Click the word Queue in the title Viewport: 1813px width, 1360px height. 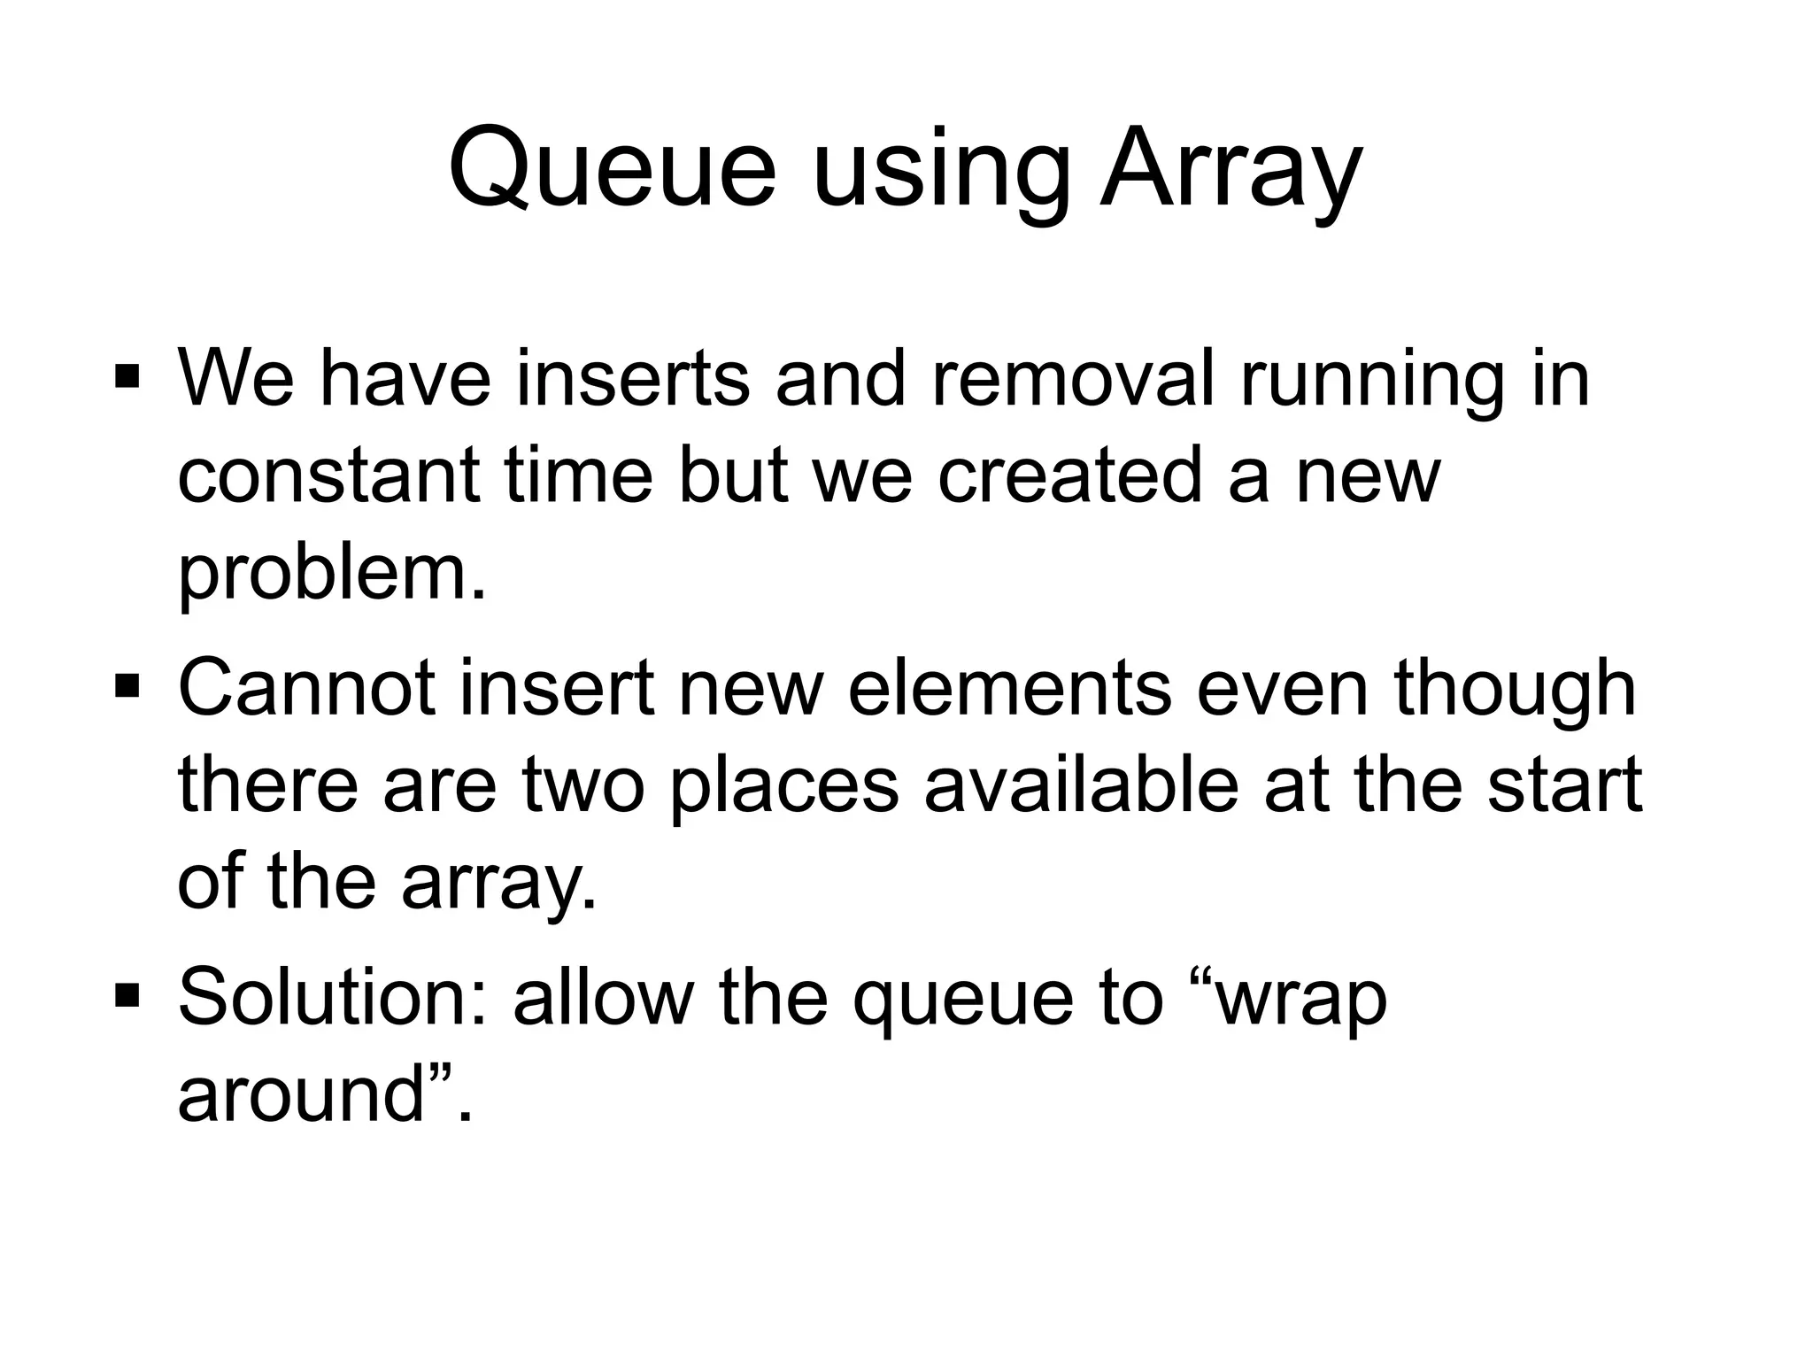(612, 168)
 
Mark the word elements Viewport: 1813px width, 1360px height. (1010, 689)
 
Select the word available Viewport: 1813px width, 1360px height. (1081, 785)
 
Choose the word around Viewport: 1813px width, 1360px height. (302, 1095)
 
